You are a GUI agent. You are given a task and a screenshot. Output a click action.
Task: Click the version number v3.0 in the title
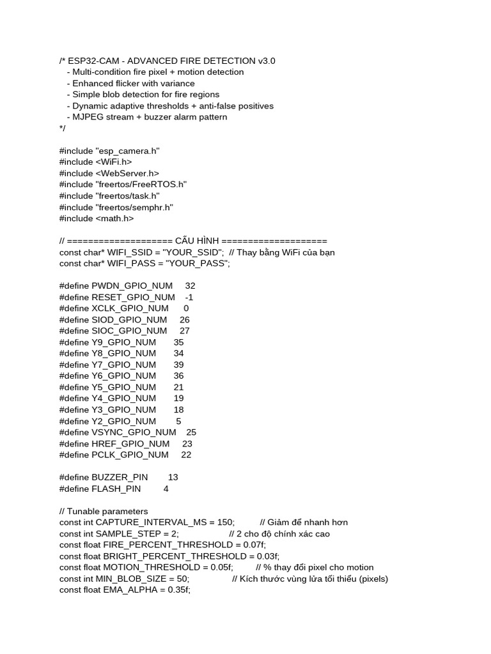[267, 61]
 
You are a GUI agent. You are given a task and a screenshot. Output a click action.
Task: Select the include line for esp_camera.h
[109, 151]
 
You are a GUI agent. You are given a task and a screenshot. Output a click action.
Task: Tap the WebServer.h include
[109, 173]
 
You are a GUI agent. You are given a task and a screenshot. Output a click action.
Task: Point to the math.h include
[97, 218]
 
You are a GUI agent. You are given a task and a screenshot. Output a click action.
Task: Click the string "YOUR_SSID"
[195, 252]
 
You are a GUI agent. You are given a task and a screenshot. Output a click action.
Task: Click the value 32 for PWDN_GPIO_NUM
[190, 286]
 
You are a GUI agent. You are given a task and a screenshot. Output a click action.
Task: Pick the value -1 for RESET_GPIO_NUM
[189, 297]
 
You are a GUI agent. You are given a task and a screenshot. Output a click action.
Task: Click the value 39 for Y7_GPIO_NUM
[179, 365]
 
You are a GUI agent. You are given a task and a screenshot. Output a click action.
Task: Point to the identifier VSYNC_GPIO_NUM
[134, 432]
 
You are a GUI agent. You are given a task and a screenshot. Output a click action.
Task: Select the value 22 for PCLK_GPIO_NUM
[186, 455]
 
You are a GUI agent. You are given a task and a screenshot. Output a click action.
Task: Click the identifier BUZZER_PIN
[120, 477]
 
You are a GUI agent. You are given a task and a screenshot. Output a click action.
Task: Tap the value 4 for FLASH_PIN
[166, 489]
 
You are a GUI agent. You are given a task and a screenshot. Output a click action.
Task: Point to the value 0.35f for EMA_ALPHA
[177, 590]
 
